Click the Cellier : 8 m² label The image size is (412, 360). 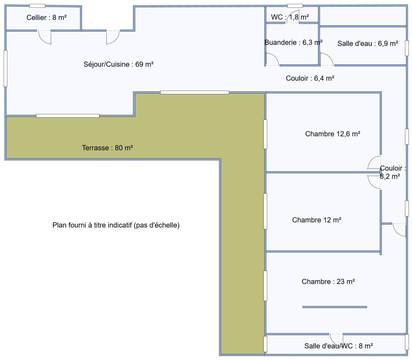click(x=47, y=18)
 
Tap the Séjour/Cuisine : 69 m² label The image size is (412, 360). click(x=118, y=64)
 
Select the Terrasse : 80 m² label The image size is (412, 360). click(x=107, y=148)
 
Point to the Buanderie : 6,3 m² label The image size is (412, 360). click(x=293, y=42)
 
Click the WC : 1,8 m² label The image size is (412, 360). click(x=290, y=17)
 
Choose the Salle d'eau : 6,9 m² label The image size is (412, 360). click(x=368, y=43)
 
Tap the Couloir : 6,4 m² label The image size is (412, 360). click(x=310, y=78)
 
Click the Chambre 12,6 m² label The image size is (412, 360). click(x=333, y=134)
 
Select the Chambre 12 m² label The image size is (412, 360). click(x=317, y=220)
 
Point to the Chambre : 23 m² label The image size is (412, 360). click(x=328, y=281)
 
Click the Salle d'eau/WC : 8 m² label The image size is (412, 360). click(x=339, y=346)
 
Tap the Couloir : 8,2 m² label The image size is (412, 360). click(x=393, y=172)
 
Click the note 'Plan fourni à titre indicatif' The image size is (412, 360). click(x=116, y=225)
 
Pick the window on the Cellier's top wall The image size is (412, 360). click(x=37, y=6)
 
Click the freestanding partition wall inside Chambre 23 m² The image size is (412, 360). click(x=334, y=307)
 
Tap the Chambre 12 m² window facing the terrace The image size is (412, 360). click(x=265, y=211)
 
